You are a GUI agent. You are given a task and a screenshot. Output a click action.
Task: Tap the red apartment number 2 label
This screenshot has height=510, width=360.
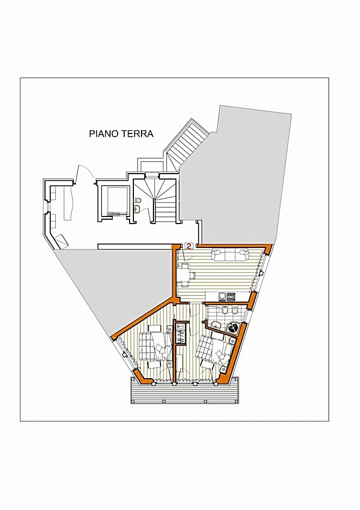(188, 246)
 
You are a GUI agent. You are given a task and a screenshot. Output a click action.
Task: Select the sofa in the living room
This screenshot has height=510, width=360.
(230, 254)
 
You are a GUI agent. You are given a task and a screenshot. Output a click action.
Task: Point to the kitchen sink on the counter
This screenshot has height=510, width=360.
(222, 297)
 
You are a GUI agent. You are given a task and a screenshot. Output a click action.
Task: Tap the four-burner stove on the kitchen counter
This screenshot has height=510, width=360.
(231, 297)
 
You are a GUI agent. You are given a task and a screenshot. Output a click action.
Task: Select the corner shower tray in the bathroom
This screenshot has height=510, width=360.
(234, 328)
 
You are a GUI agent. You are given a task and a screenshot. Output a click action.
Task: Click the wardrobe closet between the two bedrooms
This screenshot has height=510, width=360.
(181, 333)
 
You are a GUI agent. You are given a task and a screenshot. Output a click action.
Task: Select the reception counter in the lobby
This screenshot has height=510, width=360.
(68, 203)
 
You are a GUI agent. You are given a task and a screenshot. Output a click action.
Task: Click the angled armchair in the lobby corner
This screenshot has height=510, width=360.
(61, 240)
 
